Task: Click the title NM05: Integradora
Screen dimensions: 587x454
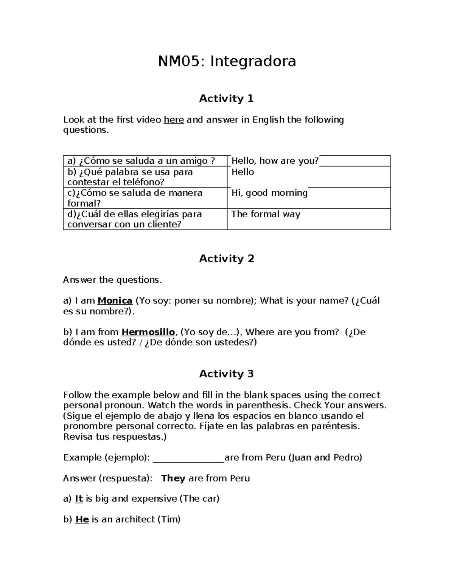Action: (227, 61)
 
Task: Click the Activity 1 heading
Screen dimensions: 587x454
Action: (226, 99)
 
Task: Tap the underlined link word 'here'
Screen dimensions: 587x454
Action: (174, 120)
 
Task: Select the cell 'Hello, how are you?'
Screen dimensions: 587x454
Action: (275, 161)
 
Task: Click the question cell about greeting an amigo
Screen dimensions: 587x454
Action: (141, 161)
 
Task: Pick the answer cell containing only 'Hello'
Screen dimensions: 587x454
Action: (243, 172)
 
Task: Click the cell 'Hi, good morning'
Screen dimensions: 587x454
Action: (269, 193)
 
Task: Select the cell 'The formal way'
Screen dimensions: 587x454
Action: (266, 214)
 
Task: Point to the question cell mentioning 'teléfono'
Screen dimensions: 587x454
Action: (130, 177)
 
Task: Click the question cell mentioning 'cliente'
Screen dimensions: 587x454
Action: (134, 219)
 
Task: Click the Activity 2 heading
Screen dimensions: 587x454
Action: (226, 259)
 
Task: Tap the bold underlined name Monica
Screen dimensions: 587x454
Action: (115, 301)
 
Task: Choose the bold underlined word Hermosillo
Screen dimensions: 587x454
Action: (148, 332)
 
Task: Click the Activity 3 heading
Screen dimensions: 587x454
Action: (226, 374)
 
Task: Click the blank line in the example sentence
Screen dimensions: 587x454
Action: (188, 458)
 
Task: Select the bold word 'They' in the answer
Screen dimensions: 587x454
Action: (173, 479)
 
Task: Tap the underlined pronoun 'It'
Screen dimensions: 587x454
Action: (79, 499)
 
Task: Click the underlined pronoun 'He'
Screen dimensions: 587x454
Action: (82, 520)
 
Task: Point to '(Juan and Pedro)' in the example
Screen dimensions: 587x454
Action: (325, 458)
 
